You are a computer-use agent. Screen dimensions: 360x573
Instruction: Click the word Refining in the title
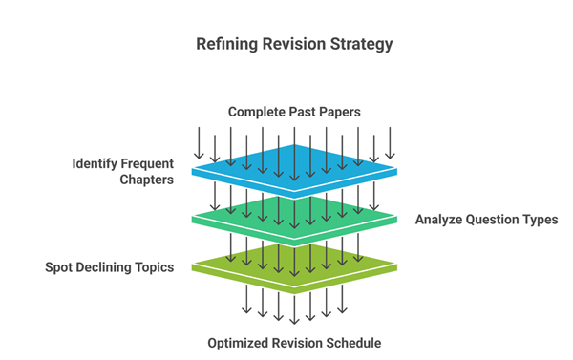click(x=223, y=44)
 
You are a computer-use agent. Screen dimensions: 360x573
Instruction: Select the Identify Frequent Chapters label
click(x=123, y=171)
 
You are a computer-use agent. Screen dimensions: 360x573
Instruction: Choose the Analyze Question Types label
click(x=486, y=220)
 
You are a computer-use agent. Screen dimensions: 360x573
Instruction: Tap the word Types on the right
click(x=539, y=220)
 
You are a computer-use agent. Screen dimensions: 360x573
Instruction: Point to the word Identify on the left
click(x=96, y=163)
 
